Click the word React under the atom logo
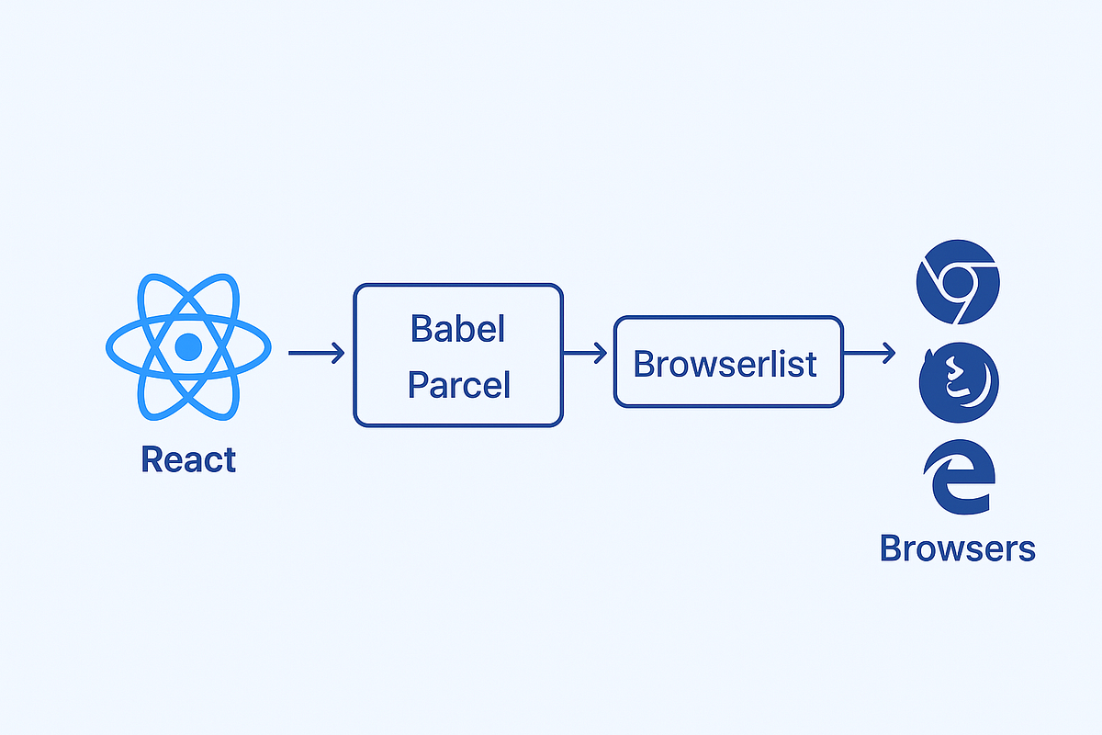pos(188,459)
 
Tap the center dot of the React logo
pos(188,346)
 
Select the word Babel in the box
pos(457,328)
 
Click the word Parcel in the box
pos(458,385)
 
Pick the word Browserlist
pos(725,365)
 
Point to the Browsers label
pos(957,548)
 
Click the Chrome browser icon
pos(958,282)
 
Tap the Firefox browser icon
pos(959,382)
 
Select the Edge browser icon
pos(960,477)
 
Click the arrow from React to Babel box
pos(316,353)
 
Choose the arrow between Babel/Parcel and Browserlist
pos(585,353)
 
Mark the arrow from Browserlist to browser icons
pos(870,353)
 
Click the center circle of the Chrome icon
pos(958,282)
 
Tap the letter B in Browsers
pos(891,548)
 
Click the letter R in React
pos(152,458)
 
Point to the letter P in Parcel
pos(418,384)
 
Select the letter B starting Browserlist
pos(644,364)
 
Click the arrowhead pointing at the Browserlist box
pos(601,353)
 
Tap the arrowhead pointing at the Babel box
pos(339,353)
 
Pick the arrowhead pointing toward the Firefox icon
pos(889,353)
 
